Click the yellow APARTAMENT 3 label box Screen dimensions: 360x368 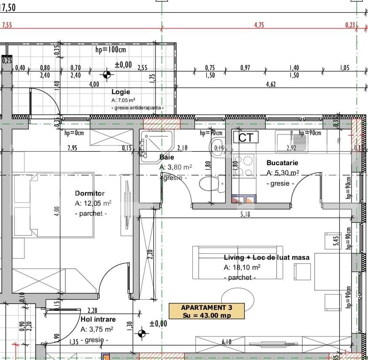207,311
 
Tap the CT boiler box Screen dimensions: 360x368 246,138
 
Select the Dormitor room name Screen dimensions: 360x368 90,193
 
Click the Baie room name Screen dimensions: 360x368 167,157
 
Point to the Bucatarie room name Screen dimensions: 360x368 282,163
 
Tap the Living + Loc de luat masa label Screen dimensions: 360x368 267,258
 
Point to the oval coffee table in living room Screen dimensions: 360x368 234,298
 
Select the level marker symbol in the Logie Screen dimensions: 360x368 106,74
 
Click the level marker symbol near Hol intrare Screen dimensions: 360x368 142,334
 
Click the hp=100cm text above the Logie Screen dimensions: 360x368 110,50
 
